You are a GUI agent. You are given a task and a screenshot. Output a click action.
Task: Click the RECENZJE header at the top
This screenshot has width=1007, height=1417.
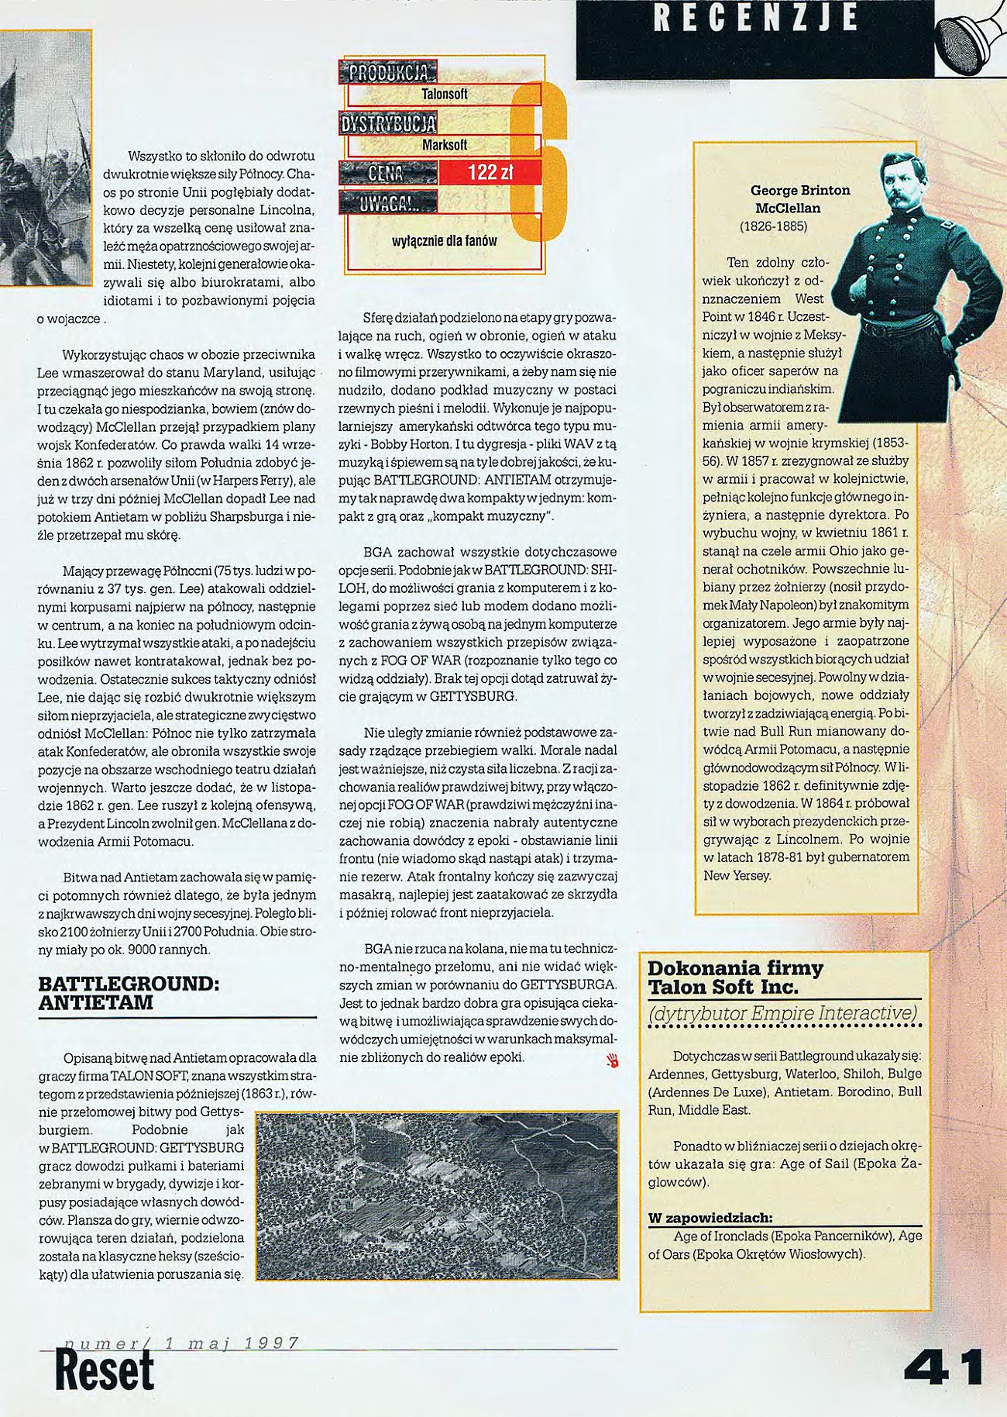(x=755, y=19)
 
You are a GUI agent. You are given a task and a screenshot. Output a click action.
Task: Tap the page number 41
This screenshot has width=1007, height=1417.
(x=943, y=1368)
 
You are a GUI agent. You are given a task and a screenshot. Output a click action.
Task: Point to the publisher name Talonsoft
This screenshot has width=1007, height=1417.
(x=444, y=95)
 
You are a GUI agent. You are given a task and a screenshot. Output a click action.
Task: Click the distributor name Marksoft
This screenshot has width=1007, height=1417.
(x=444, y=145)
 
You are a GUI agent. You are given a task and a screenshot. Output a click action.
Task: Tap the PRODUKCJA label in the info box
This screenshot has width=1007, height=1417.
(x=388, y=74)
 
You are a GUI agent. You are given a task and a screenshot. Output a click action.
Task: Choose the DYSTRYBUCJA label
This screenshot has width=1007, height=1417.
(x=388, y=123)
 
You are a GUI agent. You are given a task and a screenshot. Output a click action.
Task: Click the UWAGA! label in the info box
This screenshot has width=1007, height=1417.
(x=388, y=203)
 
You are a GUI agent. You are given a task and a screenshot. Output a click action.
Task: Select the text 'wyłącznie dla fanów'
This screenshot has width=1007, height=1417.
(x=445, y=241)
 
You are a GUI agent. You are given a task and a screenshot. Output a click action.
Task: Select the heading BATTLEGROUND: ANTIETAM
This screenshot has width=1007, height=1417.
(x=129, y=993)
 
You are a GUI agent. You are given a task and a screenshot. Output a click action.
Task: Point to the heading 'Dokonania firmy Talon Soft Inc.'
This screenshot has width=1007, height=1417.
(x=735, y=977)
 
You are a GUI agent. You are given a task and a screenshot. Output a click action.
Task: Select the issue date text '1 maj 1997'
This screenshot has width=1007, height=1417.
(x=232, y=1343)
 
